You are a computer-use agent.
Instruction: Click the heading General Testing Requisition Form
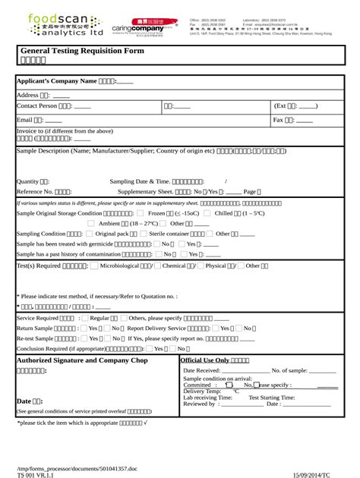[x=82, y=51]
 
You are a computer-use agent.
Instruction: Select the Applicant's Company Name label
[x=56, y=80]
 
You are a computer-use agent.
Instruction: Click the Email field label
[x=25, y=120]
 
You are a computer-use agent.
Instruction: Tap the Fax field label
[x=278, y=120]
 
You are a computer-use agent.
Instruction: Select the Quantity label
[x=27, y=181]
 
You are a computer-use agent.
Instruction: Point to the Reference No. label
[x=34, y=192]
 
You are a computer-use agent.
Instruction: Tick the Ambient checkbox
[x=93, y=224]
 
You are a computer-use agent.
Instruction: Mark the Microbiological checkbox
[x=94, y=266]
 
